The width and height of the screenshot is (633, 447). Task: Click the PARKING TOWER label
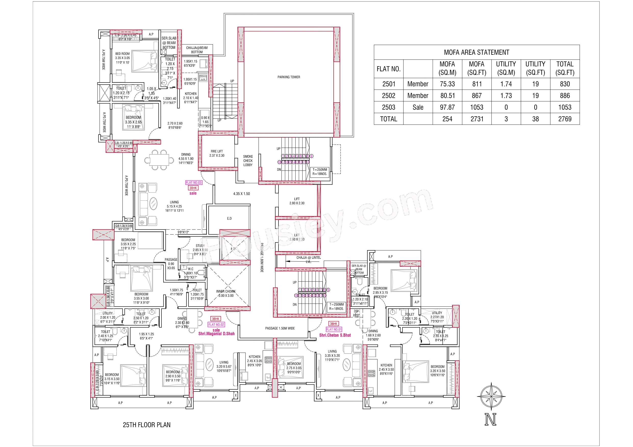[289, 77]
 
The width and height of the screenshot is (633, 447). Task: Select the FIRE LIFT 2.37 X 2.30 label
[217, 153]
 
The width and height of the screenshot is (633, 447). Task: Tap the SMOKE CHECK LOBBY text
[248, 160]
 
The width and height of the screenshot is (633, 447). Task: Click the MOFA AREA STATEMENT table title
[476, 52]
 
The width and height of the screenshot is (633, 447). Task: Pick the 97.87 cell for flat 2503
[447, 107]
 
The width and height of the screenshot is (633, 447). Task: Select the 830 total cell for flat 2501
[565, 84]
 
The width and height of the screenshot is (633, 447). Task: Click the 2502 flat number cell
[388, 96]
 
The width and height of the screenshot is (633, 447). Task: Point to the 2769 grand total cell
[565, 119]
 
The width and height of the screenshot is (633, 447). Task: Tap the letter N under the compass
[490, 419]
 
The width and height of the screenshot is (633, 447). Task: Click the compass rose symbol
[491, 397]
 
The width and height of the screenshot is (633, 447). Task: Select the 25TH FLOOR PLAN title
[146, 425]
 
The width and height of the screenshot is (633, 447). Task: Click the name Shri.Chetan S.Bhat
[335, 335]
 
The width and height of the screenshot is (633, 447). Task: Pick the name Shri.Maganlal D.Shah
[217, 333]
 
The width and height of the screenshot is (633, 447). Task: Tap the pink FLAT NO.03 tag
[194, 183]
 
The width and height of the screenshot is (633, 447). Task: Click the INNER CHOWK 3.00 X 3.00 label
[226, 293]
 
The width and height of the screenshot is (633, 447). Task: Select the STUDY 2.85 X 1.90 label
[200, 250]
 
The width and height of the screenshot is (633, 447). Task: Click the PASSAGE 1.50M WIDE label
[280, 328]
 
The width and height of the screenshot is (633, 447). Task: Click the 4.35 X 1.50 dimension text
[242, 194]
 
